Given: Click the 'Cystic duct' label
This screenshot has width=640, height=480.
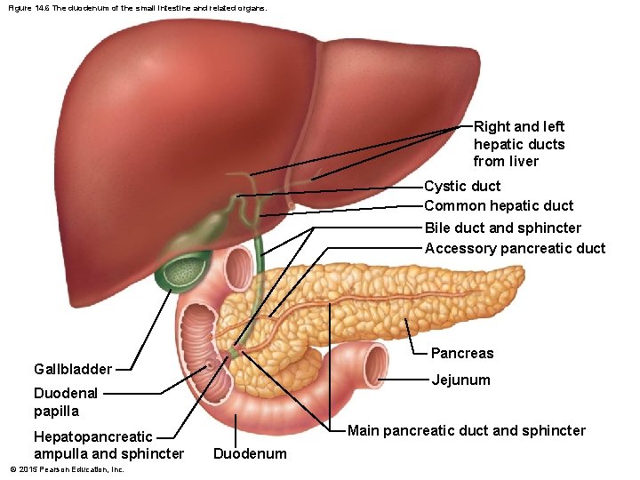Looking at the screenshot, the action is (x=462, y=187).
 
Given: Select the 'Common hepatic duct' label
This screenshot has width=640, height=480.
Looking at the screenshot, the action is (x=499, y=206).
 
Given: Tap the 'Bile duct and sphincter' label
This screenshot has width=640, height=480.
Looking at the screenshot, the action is (x=503, y=228).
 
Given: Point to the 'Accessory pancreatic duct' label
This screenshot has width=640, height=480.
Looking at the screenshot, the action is (x=515, y=249).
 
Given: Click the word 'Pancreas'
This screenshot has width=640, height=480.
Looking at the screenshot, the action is (x=462, y=353).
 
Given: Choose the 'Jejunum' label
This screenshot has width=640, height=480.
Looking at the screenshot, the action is (x=460, y=380).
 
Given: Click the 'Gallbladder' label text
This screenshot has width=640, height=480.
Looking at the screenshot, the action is (x=73, y=369).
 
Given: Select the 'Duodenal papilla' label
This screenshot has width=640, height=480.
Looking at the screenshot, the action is (x=66, y=402).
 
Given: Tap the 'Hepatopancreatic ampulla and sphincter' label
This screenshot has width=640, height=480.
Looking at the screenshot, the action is (x=108, y=445).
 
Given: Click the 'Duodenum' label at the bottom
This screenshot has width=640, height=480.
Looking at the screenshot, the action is (x=251, y=454).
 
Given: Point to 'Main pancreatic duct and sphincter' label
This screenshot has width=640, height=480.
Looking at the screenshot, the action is (x=467, y=431).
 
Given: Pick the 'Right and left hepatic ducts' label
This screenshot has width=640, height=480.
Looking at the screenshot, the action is (x=519, y=144).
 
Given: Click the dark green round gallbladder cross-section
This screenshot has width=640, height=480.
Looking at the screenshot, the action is (x=184, y=271).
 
